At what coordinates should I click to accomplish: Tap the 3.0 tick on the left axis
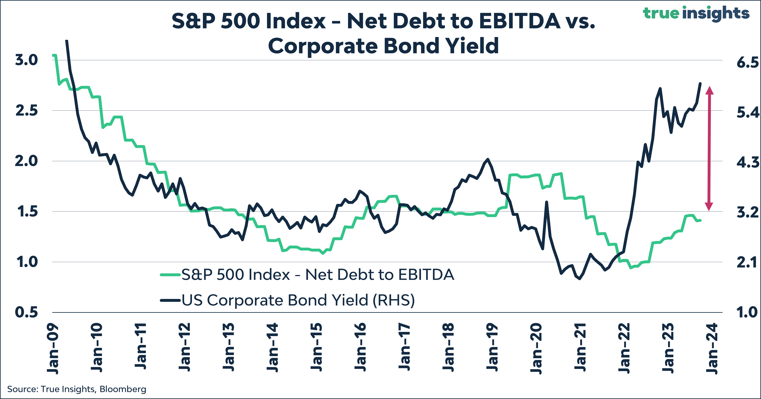(27, 60)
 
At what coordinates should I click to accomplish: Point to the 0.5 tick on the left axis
(27, 312)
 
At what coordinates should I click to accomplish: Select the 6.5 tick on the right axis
(747, 62)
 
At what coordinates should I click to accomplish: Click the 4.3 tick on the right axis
(747, 163)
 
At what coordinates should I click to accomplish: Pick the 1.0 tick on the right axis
(747, 312)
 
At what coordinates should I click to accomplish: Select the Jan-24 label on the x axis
(712, 349)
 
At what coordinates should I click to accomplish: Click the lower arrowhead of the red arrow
(709, 207)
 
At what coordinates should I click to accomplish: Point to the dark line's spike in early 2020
(547, 202)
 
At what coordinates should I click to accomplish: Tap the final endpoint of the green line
(700, 220)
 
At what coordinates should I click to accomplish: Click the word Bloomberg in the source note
(123, 389)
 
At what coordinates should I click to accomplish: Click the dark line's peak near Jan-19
(488, 159)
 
